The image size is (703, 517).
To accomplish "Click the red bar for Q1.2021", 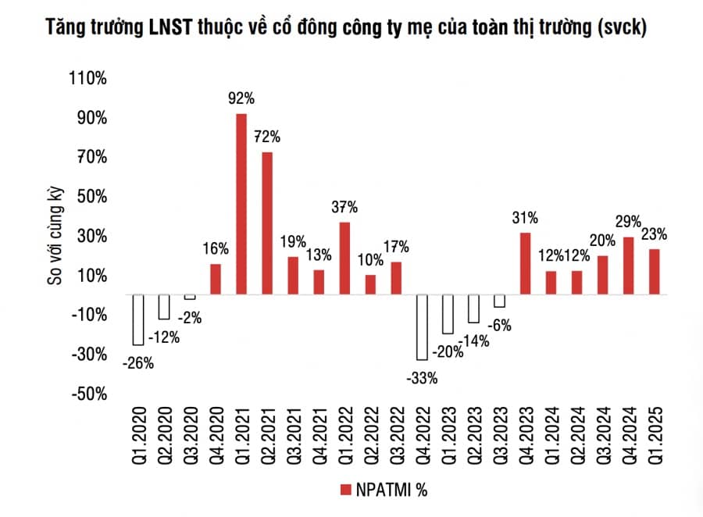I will coord(241,204).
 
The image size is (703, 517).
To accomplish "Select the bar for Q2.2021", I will coord(267,223).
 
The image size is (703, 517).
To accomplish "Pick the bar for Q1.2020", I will coord(138,319).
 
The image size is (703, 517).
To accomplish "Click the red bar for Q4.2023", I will coord(525,263).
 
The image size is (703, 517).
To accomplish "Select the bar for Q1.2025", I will coord(653,271).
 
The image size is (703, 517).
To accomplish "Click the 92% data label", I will coord(241,99).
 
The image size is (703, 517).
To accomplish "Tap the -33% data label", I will coord(422,378).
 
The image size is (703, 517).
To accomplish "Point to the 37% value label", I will coord(344,207).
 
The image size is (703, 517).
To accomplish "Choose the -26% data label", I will coord(137,362).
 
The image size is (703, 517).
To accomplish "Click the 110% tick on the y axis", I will coord(89,79).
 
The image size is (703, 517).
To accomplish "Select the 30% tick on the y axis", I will coord(92,237).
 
